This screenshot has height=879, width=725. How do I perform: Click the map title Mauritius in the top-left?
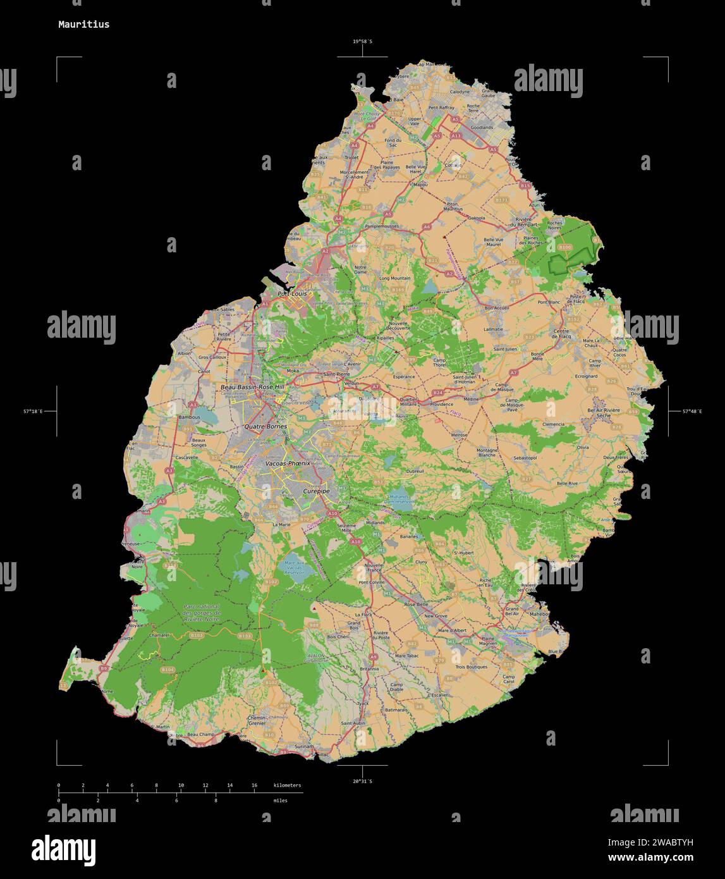coord(83,25)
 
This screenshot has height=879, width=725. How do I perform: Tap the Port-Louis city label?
coord(293,294)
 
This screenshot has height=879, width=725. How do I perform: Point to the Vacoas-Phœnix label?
coord(288,464)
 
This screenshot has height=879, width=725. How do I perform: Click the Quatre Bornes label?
coord(265,427)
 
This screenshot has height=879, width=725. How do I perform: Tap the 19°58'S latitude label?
coord(362,42)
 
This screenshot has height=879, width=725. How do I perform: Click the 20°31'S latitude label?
coord(362,782)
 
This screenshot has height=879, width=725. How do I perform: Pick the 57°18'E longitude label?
coord(34,412)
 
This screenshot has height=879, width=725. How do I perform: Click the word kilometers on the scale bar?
coord(288,785)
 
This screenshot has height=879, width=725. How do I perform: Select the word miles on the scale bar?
coord(280,801)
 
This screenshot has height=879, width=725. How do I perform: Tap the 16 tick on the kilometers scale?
coord(254,785)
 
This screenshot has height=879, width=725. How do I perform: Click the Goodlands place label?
coord(482,127)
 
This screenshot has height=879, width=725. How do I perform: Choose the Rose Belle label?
coord(416,605)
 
